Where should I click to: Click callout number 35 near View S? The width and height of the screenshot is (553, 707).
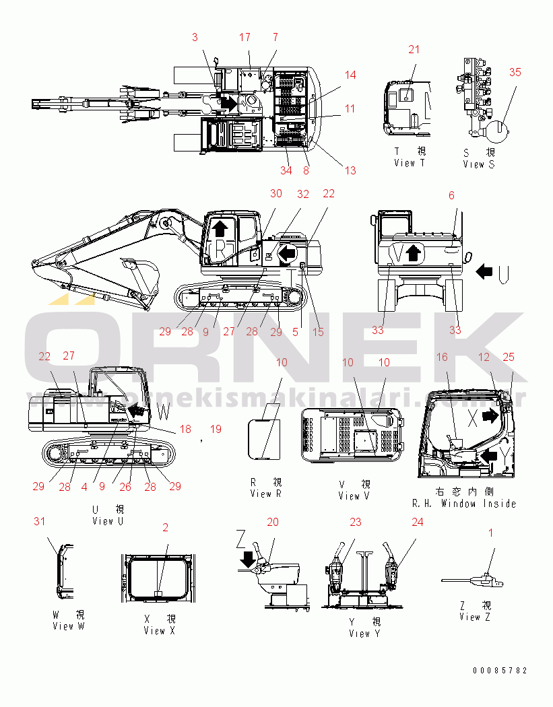pos(515,73)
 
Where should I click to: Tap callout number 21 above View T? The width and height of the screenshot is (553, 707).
pos(414,49)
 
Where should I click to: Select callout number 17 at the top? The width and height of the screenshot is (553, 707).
pos(245,37)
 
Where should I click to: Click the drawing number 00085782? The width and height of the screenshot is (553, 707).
pos(500,671)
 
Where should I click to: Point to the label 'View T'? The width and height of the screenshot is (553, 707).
pos(410,163)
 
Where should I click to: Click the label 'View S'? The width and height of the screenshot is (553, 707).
pos(483,164)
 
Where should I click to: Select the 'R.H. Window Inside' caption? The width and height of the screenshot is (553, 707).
pos(464,504)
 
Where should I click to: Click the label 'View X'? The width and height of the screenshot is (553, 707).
pos(159,631)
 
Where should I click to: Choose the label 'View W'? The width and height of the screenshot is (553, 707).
pos(68,626)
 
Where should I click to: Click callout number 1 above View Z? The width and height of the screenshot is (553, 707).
pos(490,533)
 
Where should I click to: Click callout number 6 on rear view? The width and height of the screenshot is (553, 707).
pos(451,195)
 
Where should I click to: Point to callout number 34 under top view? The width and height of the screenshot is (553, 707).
pos(286,170)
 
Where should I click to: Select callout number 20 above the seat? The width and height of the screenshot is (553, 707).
pos(272,522)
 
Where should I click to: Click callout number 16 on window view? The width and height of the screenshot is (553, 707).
pos(442,358)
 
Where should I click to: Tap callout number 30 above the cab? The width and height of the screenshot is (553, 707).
pos(276,193)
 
